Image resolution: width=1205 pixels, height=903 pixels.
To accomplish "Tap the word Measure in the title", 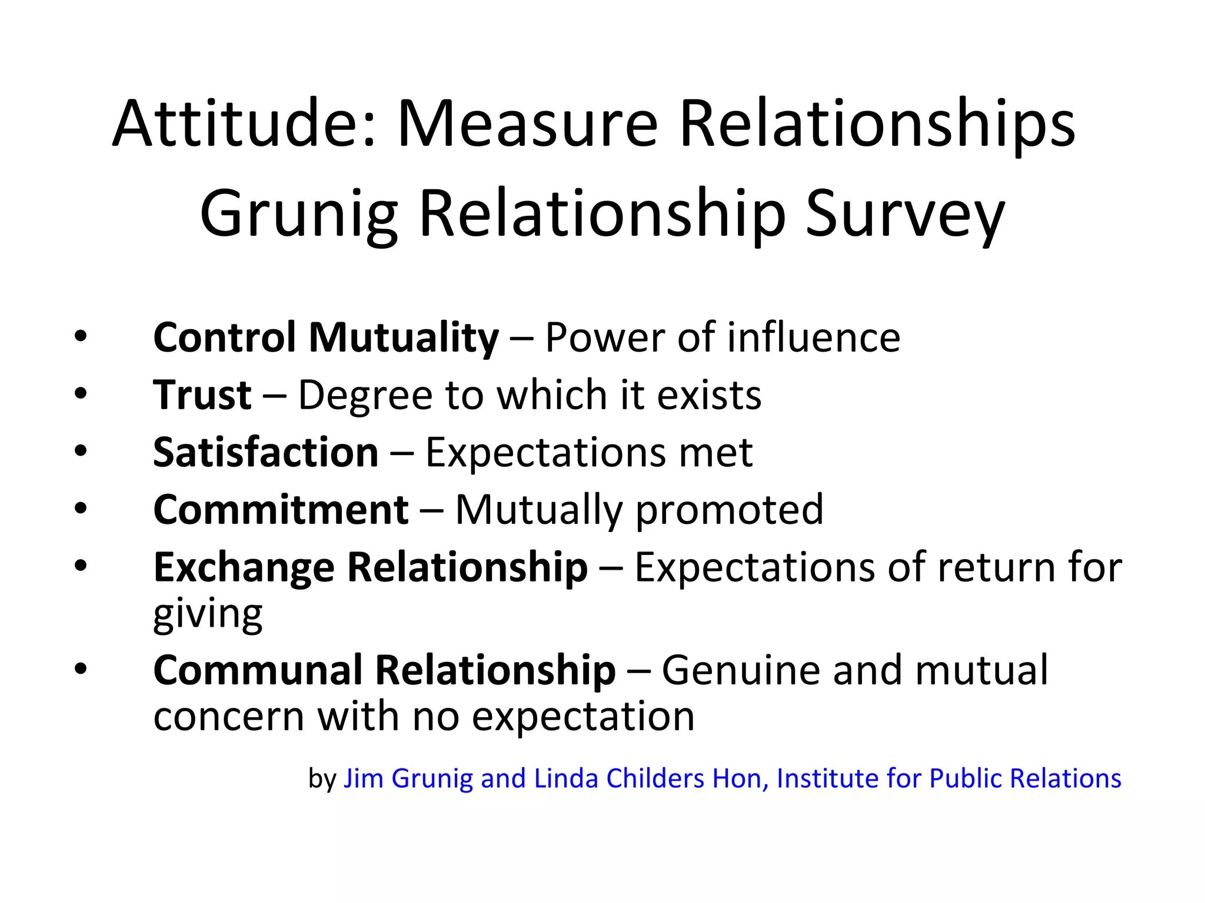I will [x=527, y=124].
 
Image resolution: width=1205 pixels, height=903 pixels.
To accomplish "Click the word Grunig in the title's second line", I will [x=299, y=214].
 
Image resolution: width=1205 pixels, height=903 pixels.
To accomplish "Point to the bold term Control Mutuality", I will [x=326, y=337].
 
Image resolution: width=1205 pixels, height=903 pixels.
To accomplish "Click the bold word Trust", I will [x=202, y=394].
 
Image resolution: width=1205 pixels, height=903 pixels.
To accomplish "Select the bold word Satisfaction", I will [x=266, y=452].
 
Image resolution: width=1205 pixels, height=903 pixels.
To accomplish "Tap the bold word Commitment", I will [x=281, y=509].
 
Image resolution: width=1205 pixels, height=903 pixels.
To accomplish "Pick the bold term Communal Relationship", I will [x=384, y=670].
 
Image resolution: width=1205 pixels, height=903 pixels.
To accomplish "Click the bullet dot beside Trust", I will [x=81, y=393].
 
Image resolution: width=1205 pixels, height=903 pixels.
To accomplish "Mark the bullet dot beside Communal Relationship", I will [x=81, y=668].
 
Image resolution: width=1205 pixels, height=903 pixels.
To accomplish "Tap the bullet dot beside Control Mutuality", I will [x=81, y=336].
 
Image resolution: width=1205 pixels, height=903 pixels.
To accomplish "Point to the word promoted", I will [x=730, y=509].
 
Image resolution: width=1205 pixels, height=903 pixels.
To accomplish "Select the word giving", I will [x=208, y=615].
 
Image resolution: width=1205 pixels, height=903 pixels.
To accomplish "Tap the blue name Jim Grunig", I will [x=408, y=778].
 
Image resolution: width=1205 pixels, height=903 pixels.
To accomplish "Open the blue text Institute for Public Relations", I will [x=948, y=778].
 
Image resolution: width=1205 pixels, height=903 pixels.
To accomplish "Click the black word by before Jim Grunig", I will [x=322, y=778].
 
